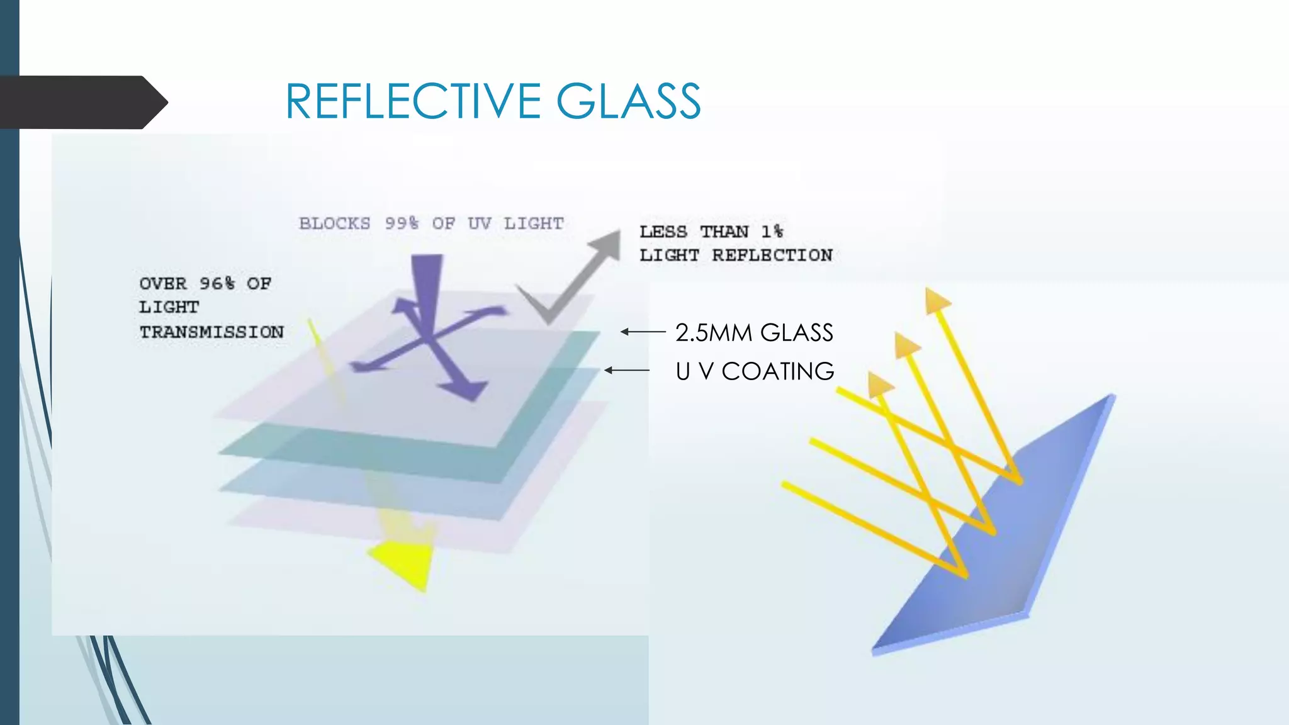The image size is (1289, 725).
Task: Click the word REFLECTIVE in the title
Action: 413,101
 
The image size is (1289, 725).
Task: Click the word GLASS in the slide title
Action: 628,101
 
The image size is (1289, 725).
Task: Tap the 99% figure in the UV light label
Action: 402,224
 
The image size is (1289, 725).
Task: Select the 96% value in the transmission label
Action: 217,284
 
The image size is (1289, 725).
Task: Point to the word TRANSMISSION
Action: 211,332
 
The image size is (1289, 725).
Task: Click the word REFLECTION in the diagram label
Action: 772,256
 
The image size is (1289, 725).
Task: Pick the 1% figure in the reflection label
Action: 772,232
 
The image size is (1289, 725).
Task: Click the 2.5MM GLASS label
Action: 754,332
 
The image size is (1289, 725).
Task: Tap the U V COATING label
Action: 755,371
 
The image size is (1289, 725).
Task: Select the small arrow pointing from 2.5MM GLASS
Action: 643,332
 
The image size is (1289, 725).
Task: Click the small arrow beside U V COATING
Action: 627,370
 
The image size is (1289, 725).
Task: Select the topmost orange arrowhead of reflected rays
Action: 936,301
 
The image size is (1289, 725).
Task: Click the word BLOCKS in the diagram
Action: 334,224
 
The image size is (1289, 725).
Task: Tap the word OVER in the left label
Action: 163,284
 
